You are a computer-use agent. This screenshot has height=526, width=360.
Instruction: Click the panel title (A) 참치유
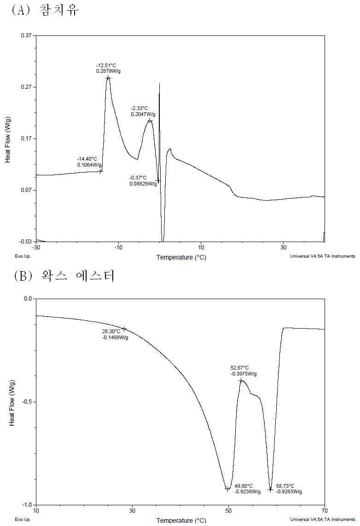coord(46,10)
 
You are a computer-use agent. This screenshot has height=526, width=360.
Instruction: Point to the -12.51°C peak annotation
coord(108,68)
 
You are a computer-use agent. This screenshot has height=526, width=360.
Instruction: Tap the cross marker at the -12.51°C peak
coord(108,78)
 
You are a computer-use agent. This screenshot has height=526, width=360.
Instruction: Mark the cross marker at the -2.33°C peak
coord(150,121)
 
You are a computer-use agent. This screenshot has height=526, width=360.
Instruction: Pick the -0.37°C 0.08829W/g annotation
coord(143,180)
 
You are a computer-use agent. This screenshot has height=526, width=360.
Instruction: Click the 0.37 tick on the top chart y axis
coord(27,35)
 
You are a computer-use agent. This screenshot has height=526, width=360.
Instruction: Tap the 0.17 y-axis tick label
coord(27,139)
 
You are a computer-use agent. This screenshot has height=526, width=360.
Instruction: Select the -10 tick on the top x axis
coord(118,248)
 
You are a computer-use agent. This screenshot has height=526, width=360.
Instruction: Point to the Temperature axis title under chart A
coord(181,257)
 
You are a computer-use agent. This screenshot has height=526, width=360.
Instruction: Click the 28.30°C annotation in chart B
coord(115,335)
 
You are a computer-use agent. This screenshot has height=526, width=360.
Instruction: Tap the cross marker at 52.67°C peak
coord(241,381)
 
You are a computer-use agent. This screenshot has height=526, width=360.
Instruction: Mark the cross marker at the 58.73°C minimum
coord(270,490)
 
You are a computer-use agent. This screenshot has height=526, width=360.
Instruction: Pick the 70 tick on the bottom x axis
coord(325,511)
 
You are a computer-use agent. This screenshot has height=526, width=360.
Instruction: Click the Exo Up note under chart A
coord(22,256)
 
